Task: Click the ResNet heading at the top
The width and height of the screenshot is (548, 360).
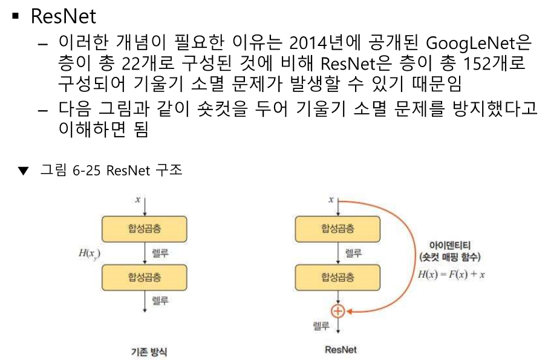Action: click(x=63, y=16)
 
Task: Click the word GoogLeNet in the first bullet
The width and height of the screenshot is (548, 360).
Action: click(x=477, y=44)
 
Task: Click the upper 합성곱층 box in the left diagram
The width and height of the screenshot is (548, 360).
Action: click(x=144, y=228)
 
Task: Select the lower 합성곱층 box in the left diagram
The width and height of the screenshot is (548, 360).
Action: click(x=144, y=277)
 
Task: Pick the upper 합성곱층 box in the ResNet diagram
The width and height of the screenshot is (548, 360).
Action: click(x=338, y=228)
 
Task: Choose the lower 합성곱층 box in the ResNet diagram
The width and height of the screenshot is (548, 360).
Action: click(x=338, y=277)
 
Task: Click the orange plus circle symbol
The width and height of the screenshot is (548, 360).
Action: click(x=338, y=311)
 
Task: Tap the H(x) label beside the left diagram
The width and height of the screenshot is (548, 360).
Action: click(x=88, y=253)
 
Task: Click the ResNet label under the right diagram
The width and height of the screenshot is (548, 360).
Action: click(x=341, y=350)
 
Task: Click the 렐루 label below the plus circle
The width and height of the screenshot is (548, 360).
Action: click(x=321, y=326)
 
